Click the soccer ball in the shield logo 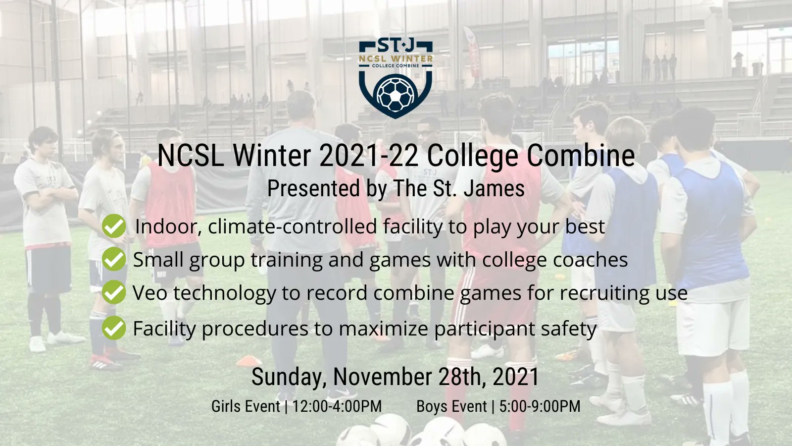396,93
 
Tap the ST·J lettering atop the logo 396,46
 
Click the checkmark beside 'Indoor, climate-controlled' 114,226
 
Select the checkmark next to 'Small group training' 114,259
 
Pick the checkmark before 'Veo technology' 114,292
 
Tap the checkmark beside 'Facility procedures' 114,328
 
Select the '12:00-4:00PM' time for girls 337,406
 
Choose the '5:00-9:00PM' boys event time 540,406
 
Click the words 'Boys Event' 451,406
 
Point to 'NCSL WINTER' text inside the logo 396,58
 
